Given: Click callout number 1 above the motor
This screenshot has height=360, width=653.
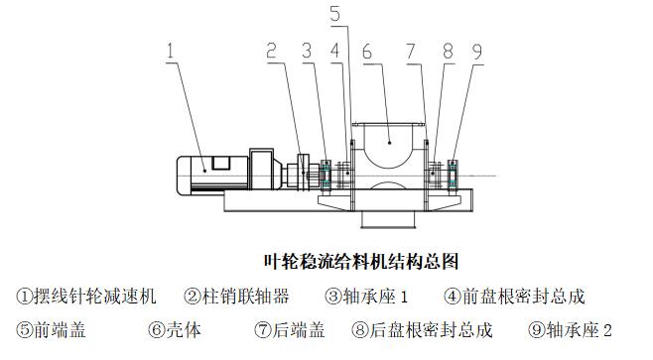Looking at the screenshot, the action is pyautogui.click(x=170, y=51).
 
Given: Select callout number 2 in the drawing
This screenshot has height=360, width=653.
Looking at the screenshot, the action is pyautogui.click(x=272, y=51).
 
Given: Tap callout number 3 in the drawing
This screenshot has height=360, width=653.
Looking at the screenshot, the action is pyautogui.click(x=307, y=51).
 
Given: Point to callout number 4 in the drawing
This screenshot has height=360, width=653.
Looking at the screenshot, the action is pyautogui.click(x=335, y=51).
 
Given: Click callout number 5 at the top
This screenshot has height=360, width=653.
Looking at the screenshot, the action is pyautogui.click(x=335, y=13).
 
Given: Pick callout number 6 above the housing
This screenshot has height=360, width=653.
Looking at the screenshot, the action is pyautogui.click(x=367, y=52).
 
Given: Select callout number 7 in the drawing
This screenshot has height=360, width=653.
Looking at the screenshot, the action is pyautogui.click(x=412, y=51).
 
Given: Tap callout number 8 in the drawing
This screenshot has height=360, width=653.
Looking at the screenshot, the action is pyautogui.click(x=449, y=51).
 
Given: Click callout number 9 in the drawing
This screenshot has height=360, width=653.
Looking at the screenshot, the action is pyautogui.click(x=477, y=52).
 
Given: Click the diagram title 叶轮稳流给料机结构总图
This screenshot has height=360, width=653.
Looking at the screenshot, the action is pyautogui.click(x=361, y=262).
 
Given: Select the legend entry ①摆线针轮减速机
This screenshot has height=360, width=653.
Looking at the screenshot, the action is pyautogui.click(x=86, y=297).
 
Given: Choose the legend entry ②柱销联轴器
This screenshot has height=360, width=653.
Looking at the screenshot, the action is pyautogui.click(x=236, y=297).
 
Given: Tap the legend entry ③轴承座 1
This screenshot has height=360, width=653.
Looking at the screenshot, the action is pyautogui.click(x=366, y=297).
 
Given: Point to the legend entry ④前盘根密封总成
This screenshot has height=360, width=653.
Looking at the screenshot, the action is pyautogui.click(x=515, y=297).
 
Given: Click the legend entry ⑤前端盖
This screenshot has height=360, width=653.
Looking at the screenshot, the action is pyautogui.click(x=51, y=329).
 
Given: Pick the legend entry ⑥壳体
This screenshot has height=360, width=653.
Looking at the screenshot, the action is pyautogui.click(x=175, y=329).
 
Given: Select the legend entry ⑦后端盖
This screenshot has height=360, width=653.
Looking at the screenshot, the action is pyautogui.click(x=290, y=329).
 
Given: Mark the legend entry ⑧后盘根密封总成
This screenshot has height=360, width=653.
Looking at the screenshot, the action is pyautogui.click(x=423, y=329).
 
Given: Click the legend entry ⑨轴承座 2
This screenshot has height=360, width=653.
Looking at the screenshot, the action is pyautogui.click(x=570, y=329).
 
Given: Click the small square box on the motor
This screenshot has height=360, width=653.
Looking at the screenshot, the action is pyautogui.click(x=220, y=163).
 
